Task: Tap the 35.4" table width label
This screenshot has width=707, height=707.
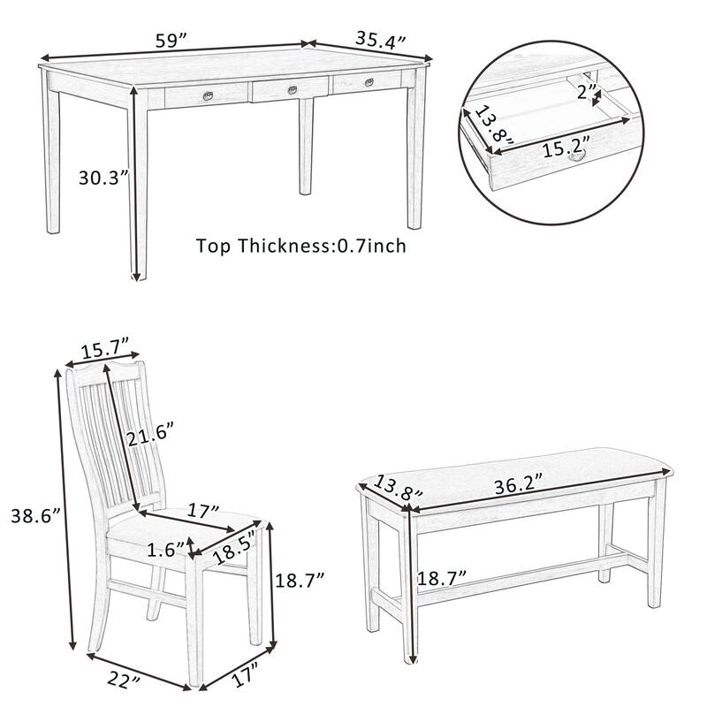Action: pyautogui.click(x=381, y=39)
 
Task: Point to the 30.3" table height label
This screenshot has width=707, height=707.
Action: pyautogui.click(x=103, y=177)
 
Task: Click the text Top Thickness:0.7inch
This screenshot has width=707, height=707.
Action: pyautogui.click(x=301, y=246)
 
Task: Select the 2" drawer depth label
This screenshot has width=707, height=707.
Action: pyautogui.click(x=584, y=90)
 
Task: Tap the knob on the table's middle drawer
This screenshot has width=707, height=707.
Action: pyautogui.click(x=291, y=87)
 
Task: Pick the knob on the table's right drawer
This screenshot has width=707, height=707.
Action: pyautogui.click(x=369, y=82)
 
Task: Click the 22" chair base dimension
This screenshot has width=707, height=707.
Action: pyautogui.click(x=125, y=680)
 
